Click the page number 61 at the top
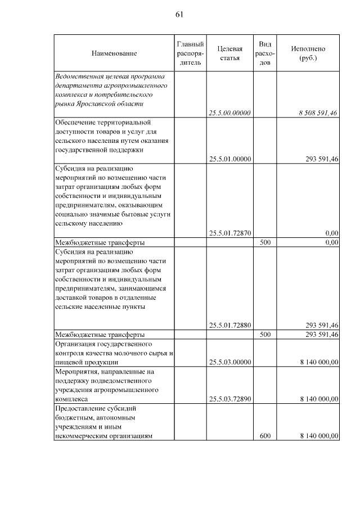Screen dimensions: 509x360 [x=179, y=15]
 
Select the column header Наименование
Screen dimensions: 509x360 [x=114, y=53]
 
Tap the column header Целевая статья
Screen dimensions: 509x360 [x=229, y=53]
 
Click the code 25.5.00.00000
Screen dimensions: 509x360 [x=229, y=113]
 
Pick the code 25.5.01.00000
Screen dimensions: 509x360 [x=229, y=159]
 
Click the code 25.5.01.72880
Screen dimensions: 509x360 [x=229, y=325]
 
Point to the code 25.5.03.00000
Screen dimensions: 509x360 [x=229, y=362]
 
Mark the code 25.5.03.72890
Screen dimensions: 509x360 [x=229, y=399]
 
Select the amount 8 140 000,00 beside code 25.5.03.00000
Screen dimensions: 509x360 [x=319, y=362]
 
